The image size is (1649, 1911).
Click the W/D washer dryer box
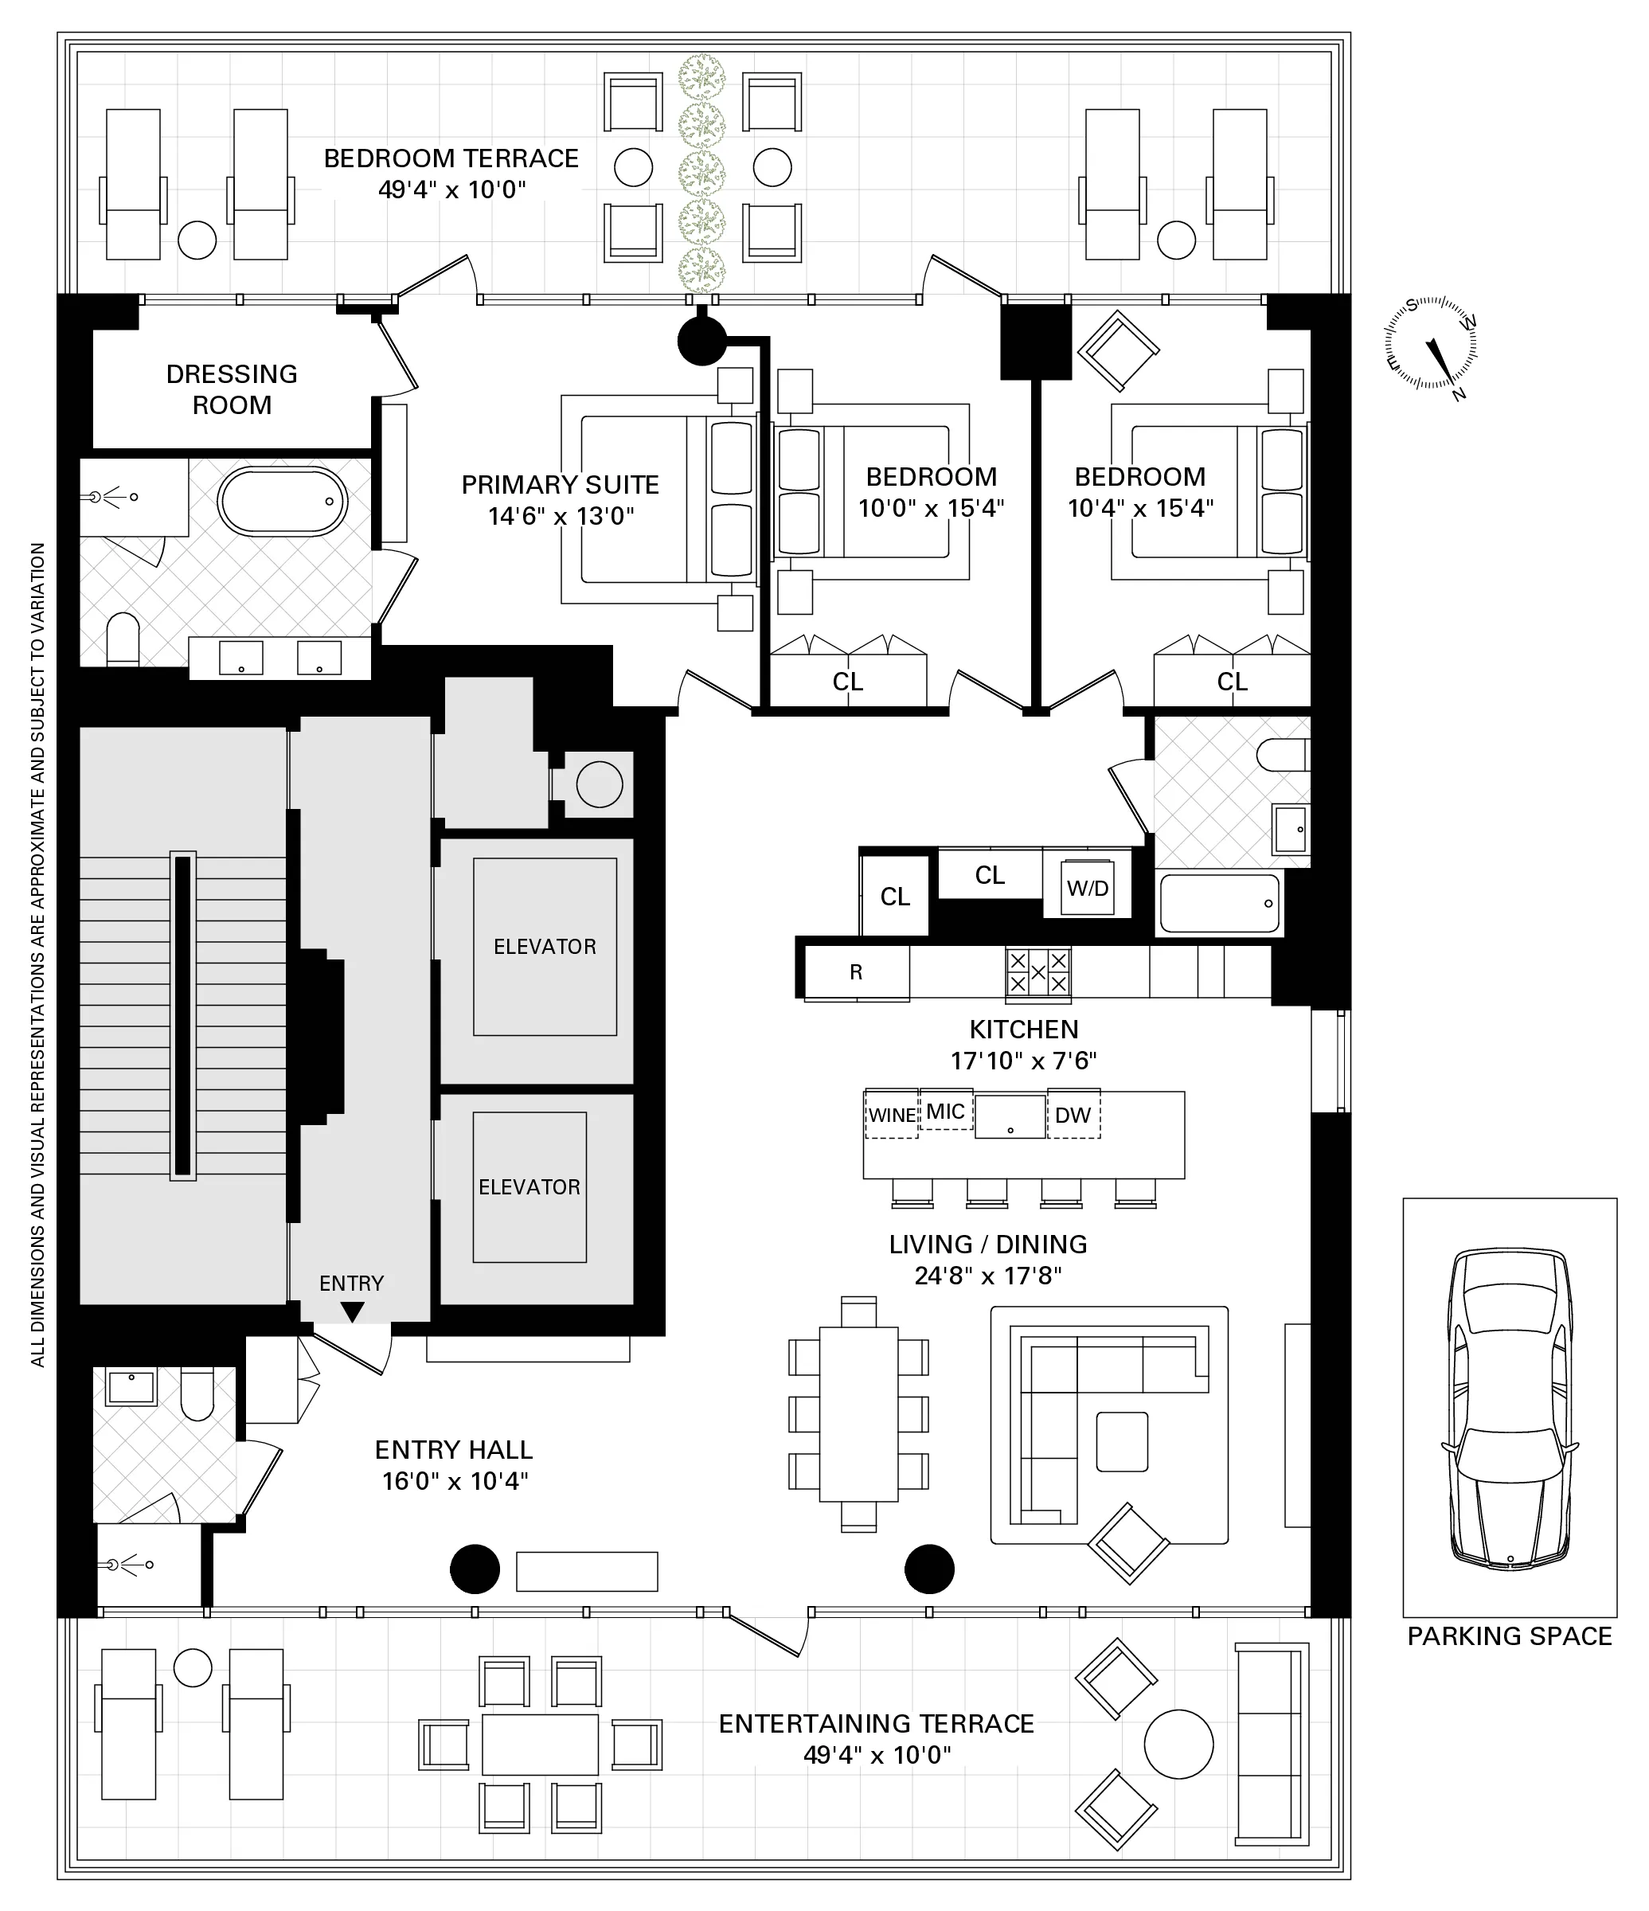click(x=1088, y=888)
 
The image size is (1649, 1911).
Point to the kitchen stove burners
click(x=1037, y=972)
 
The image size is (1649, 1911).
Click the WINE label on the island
click(x=892, y=1115)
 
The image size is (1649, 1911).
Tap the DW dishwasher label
click(x=1073, y=1115)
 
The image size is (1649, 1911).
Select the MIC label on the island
click(x=945, y=1112)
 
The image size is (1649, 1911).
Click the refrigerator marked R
click(x=856, y=972)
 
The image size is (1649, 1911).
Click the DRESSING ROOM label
click(x=232, y=389)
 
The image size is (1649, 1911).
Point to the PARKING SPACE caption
click(x=1509, y=1636)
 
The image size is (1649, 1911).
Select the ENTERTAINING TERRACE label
click(x=876, y=1724)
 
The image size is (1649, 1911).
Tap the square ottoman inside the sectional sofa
click(x=1121, y=1441)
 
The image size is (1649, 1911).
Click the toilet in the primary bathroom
click(x=123, y=639)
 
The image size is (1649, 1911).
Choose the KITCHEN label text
click(x=1023, y=1030)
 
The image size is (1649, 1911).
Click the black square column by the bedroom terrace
click(x=1036, y=342)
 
